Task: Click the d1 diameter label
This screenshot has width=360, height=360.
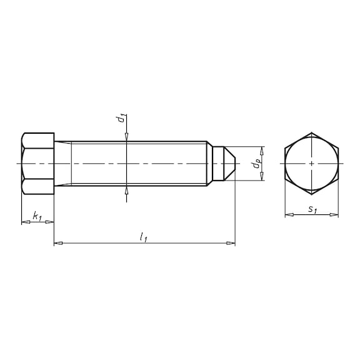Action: tap(121, 118)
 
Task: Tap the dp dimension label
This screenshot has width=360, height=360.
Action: tap(255, 164)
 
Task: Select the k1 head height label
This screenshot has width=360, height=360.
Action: tap(37, 217)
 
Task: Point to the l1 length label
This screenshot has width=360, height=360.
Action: tap(144, 237)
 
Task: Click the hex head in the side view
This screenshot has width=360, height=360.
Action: tap(37, 164)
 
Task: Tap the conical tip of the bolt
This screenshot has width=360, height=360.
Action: tap(229, 164)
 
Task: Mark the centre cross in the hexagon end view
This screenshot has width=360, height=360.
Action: tap(311, 164)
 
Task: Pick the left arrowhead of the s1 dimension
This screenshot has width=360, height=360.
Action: tap(288, 215)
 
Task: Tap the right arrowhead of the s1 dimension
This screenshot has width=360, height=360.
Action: tap(335, 215)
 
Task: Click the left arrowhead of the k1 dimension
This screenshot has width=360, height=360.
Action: tap(24, 222)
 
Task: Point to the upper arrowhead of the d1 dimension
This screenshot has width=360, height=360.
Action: tap(127, 138)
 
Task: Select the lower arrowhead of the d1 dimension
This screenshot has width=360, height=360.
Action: tap(127, 189)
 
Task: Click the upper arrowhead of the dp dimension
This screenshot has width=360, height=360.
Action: tap(261, 149)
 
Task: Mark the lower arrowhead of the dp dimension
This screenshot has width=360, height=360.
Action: tap(261, 178)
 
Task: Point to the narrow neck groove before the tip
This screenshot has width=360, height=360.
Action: tap(211, 164)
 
